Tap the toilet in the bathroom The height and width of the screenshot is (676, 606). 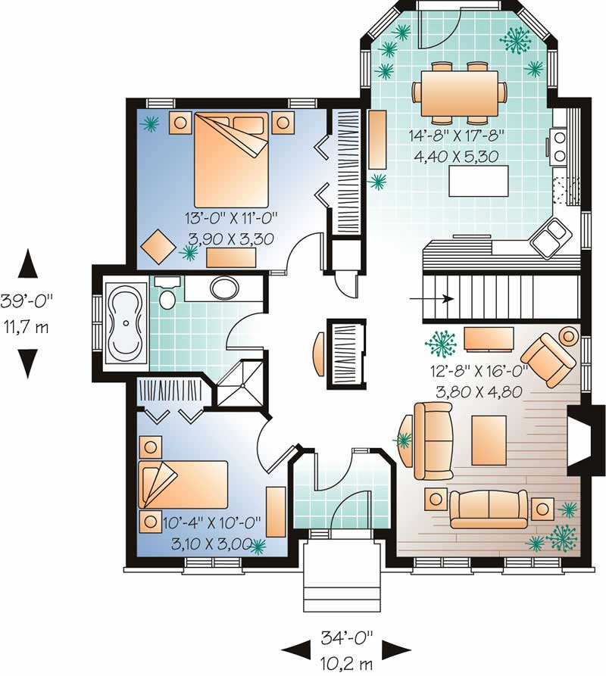coord(168,295)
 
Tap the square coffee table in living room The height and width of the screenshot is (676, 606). coord(489,439)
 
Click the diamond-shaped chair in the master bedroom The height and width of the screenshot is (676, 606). coord(160,245)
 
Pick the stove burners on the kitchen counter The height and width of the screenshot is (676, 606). coord(561,147)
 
